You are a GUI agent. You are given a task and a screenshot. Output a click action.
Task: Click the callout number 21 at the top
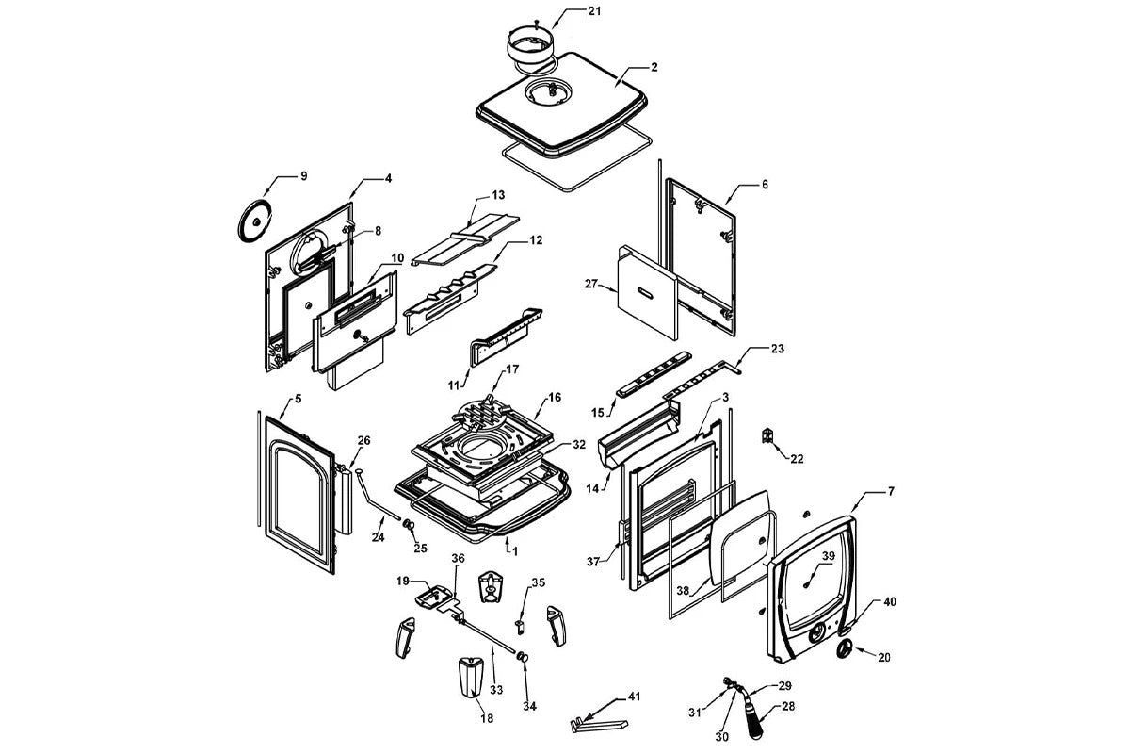[x=593, y=10]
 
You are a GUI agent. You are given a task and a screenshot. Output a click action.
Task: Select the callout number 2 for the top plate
[x=653, y=68]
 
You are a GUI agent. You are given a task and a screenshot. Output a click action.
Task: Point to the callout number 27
[x=591, y=284]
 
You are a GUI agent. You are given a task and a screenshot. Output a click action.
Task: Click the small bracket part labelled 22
[x=768, y=436]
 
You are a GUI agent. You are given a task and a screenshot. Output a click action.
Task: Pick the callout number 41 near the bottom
[x=634, y=697]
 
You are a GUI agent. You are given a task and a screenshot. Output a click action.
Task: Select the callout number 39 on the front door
[x=828, y=556]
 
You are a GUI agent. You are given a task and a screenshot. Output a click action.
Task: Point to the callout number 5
[x=298, y=399]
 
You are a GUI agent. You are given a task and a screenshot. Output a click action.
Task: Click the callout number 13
[x=498, y=195]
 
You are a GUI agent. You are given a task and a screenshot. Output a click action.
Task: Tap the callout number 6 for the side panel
[x=765, y=185]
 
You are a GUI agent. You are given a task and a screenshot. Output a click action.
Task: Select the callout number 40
[x=889, y=601]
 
